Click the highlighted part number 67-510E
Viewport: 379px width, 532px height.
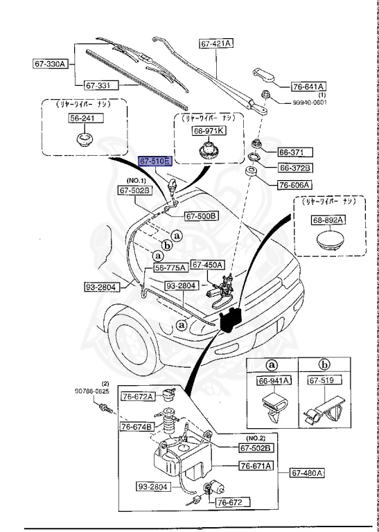[x=155, y=161]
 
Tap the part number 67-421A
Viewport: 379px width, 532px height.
[x=216, y=43]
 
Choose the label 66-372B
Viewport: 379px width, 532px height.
[x=296, y=168]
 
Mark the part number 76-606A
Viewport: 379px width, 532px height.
[x=295, y=185]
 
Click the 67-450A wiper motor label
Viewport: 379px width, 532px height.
[x=207, y=264]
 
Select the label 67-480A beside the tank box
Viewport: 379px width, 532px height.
[x=306, y=474]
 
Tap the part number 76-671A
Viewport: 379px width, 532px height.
[x=256, y=465]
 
